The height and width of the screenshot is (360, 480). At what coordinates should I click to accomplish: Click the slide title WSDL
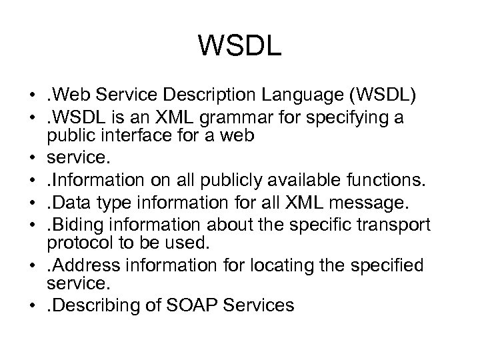240,46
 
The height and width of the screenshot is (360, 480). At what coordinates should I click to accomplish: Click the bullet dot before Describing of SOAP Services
33,306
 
